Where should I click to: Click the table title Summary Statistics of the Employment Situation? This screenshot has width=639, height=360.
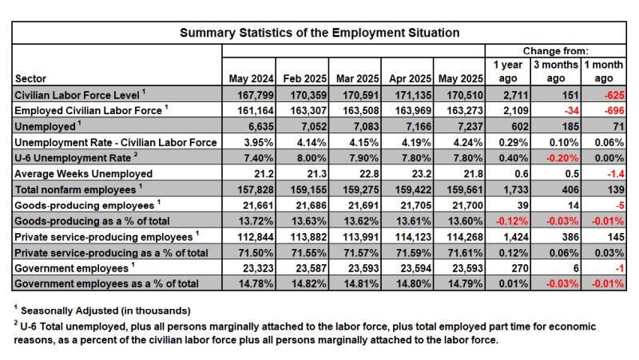tap(319, 33)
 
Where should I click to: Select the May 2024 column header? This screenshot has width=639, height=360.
tap(252, 78)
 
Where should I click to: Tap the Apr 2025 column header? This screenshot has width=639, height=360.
tap(407, 78)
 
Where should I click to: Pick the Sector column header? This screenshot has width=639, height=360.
tap(33, 78)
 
